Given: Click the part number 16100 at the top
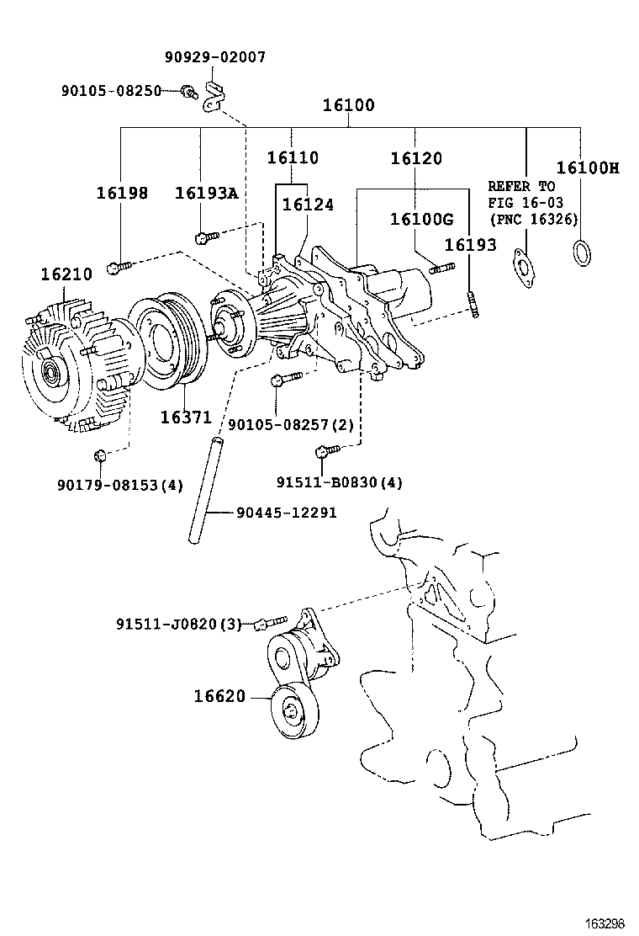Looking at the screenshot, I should click(349, 106).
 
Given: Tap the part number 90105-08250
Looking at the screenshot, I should click(111, 90).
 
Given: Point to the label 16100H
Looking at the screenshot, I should click(587, 168).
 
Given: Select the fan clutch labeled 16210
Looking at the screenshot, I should click(71, 362).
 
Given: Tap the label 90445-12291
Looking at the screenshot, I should click(286, 512).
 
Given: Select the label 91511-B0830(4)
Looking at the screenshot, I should click(340, 482).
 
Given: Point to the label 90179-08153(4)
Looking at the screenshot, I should click(120, 485).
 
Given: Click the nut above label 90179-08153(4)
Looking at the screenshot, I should click(100, 455).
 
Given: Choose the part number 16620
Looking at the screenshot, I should click(219, 696).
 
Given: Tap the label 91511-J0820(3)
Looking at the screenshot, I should click(179, 624).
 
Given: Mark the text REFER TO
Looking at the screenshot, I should click(522, 186).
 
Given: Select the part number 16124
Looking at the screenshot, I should click(307, 204).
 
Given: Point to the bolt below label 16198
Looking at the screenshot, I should click(119, 267).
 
